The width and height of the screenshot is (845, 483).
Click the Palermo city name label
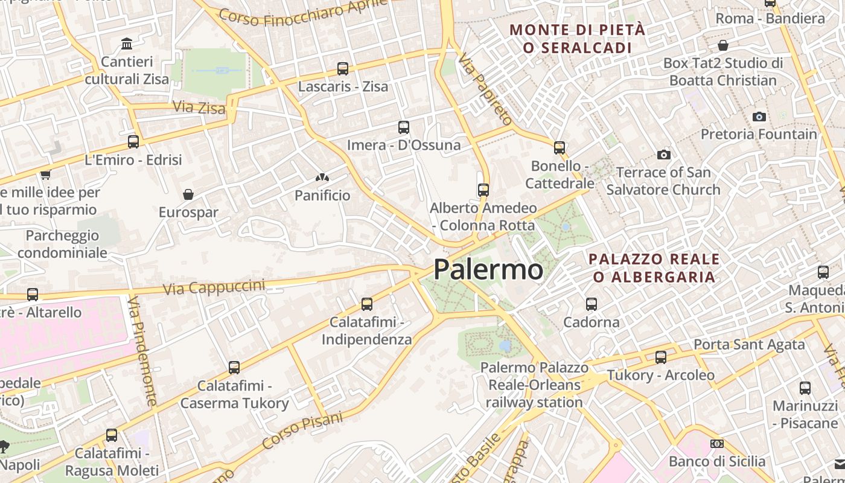pos(488,269)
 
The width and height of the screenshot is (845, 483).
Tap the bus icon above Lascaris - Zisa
pos(343,69)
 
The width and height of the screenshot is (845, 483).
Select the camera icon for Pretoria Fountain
pos(759,117)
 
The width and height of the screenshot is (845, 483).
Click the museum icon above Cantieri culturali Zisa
pos(127,44)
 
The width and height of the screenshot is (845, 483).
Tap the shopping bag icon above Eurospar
pos(188,194)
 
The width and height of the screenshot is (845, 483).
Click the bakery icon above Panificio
pos(322,178)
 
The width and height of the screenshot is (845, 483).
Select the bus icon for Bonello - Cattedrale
pos(560,148)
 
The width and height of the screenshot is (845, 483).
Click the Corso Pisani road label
pos(302,431)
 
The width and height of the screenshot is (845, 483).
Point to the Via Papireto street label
pos(485,89)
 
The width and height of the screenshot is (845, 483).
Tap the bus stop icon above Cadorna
pos(591,304)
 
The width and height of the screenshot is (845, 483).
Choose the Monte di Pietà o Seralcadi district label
pos(578,39)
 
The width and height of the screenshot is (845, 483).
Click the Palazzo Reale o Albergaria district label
pos(654,268)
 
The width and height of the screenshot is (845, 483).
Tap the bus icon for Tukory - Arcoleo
pos(661,357)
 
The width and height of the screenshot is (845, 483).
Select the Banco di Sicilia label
pos(716,461)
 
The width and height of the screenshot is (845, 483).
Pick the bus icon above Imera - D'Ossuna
pos(404,127)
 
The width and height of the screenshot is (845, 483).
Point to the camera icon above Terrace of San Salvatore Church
pos(664,155)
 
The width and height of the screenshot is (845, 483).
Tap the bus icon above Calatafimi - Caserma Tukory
pos(234,367)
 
